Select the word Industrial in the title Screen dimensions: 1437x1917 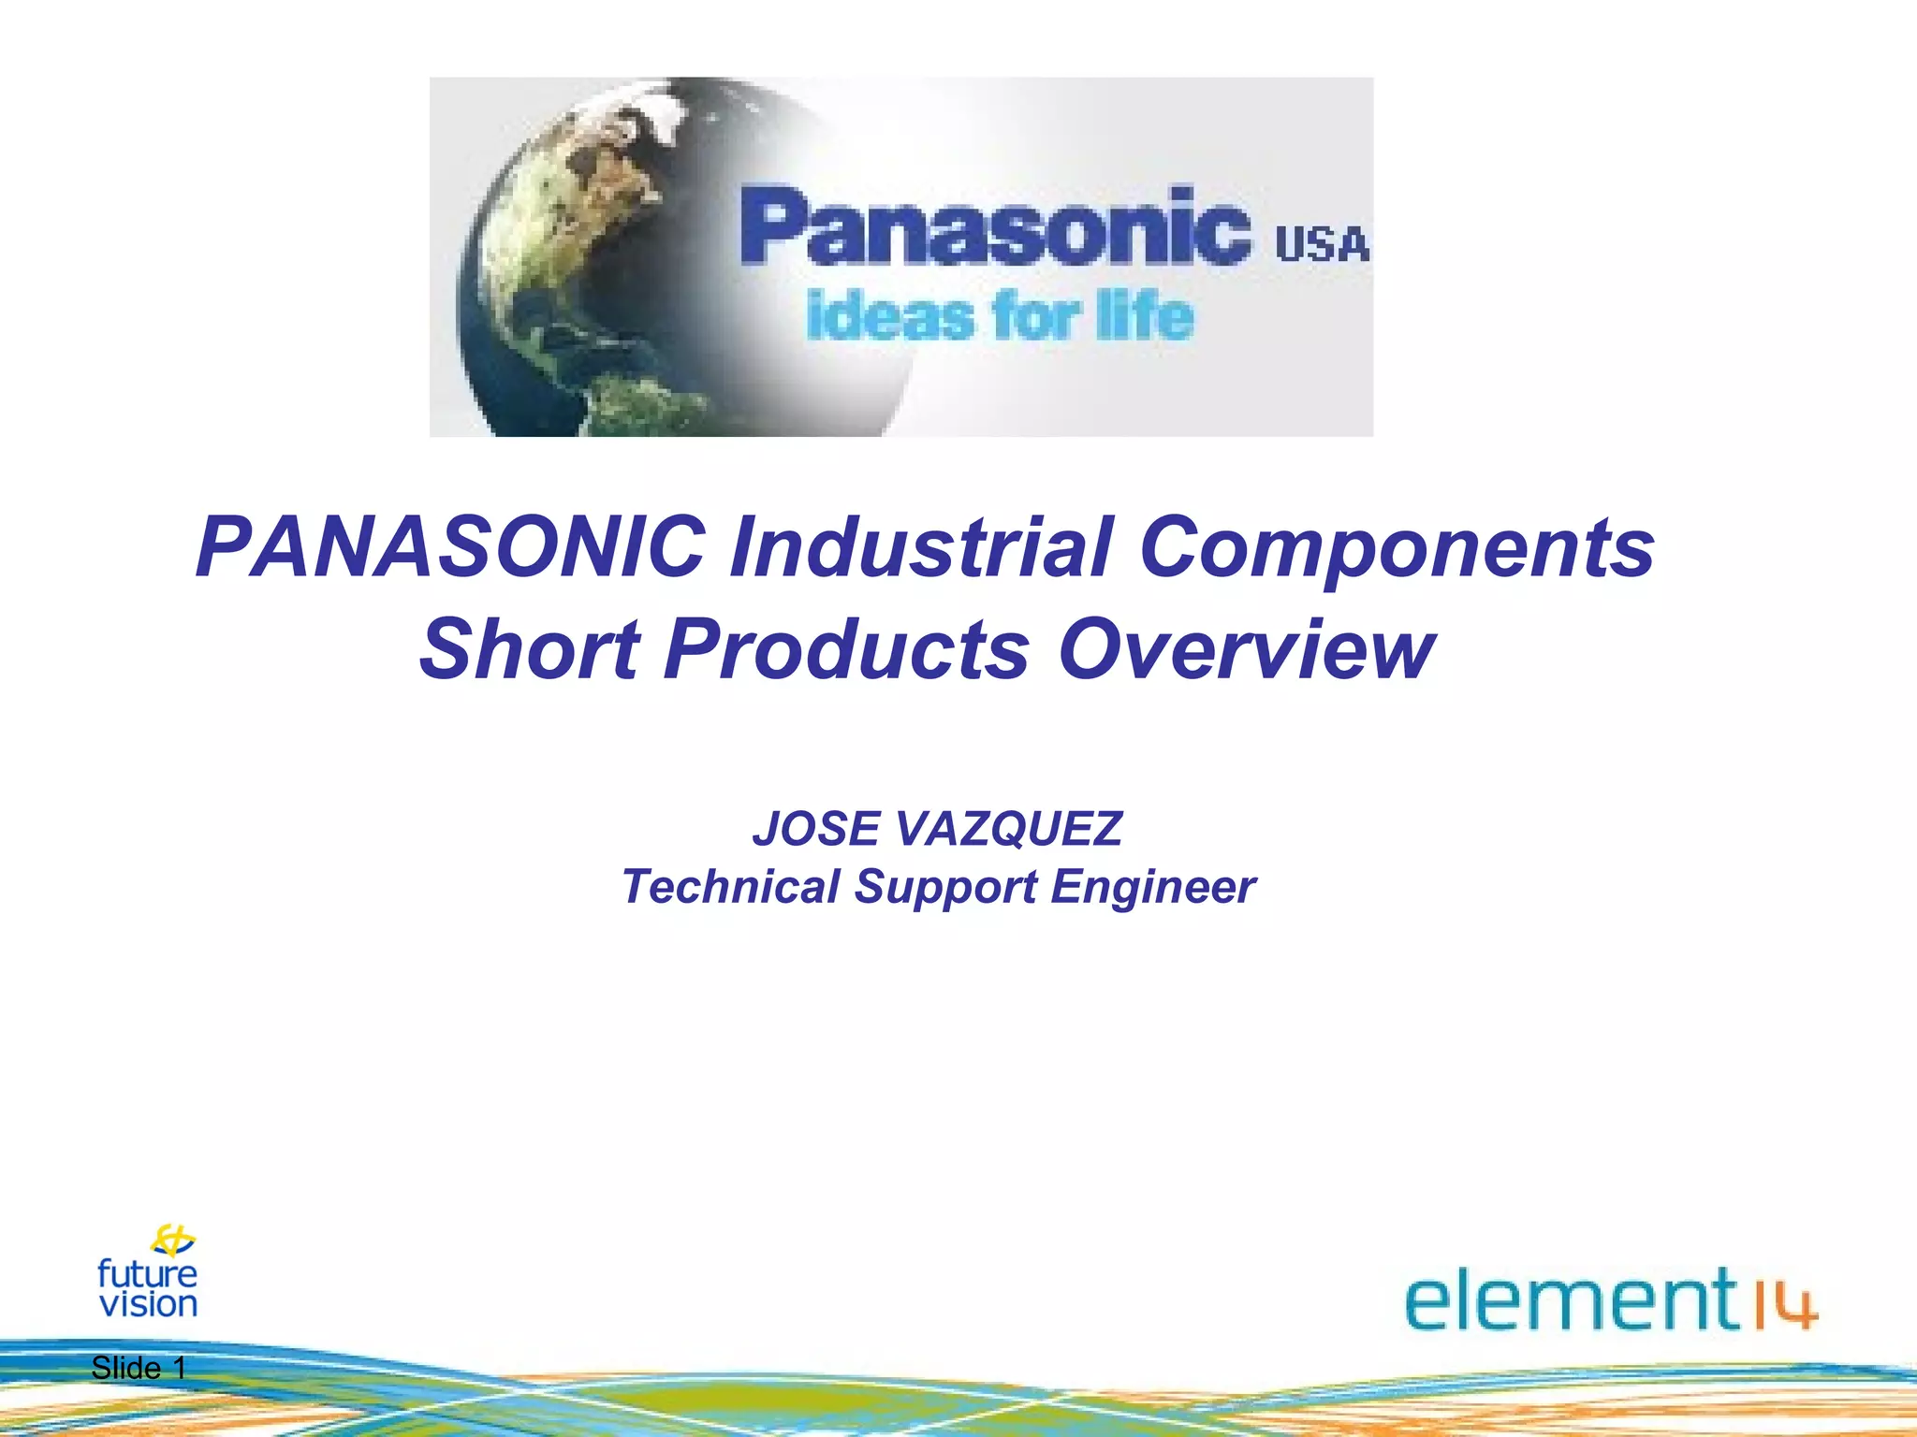point(921,547)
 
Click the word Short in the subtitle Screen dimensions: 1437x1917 point(530,649)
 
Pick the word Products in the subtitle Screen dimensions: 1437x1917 point(846,649)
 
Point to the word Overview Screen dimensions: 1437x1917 point(1246,649)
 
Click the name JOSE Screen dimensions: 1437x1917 point(815,829)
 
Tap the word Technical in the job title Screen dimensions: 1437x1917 point(731,886)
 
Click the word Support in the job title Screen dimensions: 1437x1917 point(945,888)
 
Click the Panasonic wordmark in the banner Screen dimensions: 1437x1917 point(995,226)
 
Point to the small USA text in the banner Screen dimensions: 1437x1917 point(1322,245)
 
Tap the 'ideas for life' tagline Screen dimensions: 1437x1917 point(999,317)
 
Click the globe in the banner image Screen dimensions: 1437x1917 point(599,271)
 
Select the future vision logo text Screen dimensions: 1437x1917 point(148,1289)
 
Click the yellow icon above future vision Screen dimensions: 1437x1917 point(173,1241)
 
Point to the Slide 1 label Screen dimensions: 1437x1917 point(139,1368)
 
